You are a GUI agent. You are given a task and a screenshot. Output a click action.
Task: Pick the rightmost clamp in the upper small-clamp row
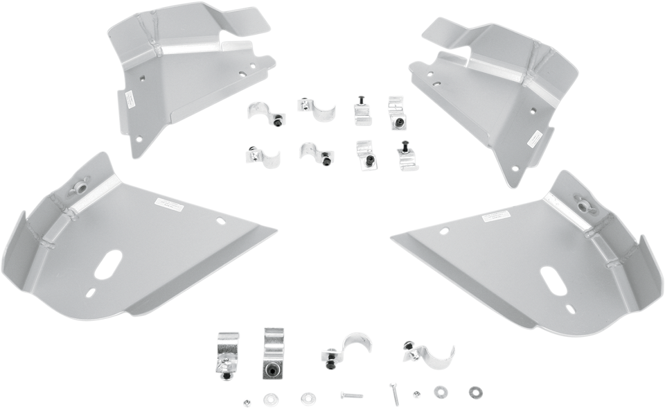pos(396,110)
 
